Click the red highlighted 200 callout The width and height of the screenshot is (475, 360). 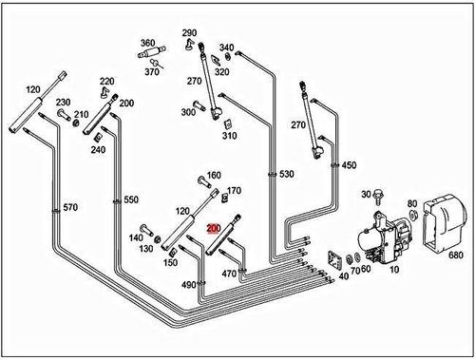pyautogui.click(x=213, y=228)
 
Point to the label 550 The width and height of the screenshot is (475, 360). pyautogui.click(x=131, y=200)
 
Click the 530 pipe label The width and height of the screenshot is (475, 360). pyautogui.click(x=286, y=174)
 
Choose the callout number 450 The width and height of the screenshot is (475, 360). pyautogui.click(x=349, y=165)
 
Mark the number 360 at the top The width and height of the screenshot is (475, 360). pyautogui.click(x=147, y=43)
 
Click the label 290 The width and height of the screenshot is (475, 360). pyautogui.click(x=189, y=32)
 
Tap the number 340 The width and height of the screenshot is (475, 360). pyautogui.click(x=226, y=47)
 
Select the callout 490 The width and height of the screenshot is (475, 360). pyautogui.click(x=189, y=285)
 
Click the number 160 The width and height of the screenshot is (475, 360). pyautogui.click(x=214, y=175)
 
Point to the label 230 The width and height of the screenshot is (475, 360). pyautogui.click(x=63, y=103)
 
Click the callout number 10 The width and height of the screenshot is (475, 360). pyautogui.click(x=392, y=271)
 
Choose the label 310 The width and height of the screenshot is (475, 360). pyautogui.click(x=229, y=135)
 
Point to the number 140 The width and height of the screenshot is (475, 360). pyautogui.click(x=135, y=237)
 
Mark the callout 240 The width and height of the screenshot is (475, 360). pyautogui.click(x=99, y=149)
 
